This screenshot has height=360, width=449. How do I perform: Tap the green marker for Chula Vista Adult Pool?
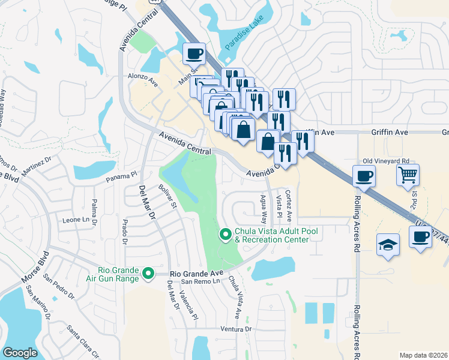point(226,234)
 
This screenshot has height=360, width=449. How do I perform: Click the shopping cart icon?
point(408,175)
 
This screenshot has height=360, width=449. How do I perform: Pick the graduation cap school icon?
point(388,245)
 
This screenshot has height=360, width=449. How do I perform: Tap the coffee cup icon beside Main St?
point(194,54)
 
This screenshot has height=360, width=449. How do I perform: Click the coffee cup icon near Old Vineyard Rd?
point(364,176)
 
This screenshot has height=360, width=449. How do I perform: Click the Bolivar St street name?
point(167,197)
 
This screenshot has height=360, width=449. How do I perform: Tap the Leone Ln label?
point(80,220)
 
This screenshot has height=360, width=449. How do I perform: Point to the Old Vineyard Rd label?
point(386,161)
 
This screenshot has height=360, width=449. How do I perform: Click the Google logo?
point(20,353)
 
